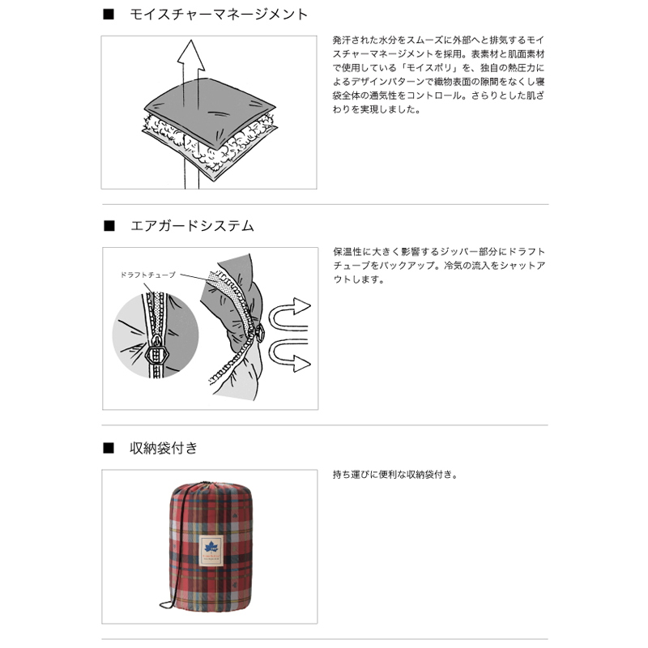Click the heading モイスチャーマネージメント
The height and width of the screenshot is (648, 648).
pyautogui.click(x=219, y=15)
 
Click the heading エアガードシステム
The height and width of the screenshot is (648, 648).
pyautogui.click(x=192, y=226)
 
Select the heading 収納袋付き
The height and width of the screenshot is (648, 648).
pyautogui.click(x=164, y=448)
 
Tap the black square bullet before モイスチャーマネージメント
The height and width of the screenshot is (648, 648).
pyautogui.click(x=109, y=15)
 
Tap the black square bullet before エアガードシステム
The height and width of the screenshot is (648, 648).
pyautogui.click(x=109, y=226)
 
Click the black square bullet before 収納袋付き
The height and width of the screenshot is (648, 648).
pyautogui.click(x=109, y=448)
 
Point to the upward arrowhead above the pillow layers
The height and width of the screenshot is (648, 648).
pyautogui.click(x=191, y=54)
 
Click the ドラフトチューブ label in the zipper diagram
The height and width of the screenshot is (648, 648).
pyautogui.click(x=148, y=275)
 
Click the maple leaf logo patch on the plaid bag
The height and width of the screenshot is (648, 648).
pyautogui.click(x=211, y=551)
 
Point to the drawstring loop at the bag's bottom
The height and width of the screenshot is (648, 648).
pyautogui.click(x=167, y=605)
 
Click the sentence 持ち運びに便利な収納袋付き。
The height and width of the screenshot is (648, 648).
pyautogui.click(x=395, y=475)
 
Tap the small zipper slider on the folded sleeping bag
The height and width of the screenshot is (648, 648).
pyautogui.click(x=260, y=332)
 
